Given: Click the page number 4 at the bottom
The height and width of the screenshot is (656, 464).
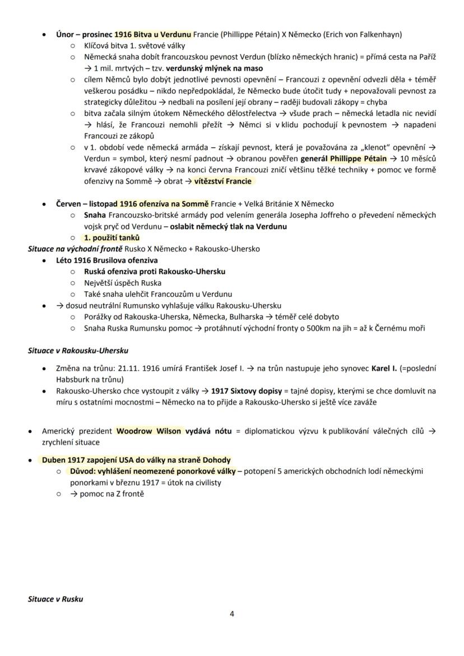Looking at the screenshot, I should pyautogui.click(x=232, y=613).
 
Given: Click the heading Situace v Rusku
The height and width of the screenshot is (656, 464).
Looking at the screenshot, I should pyautogui.click(x=55, y=599).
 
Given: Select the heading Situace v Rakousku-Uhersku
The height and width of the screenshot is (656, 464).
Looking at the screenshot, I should pyautogui.click(x=78, y=351).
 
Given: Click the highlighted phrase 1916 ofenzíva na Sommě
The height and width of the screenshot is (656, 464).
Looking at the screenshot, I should pyautogui.click(x=164, y=204).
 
